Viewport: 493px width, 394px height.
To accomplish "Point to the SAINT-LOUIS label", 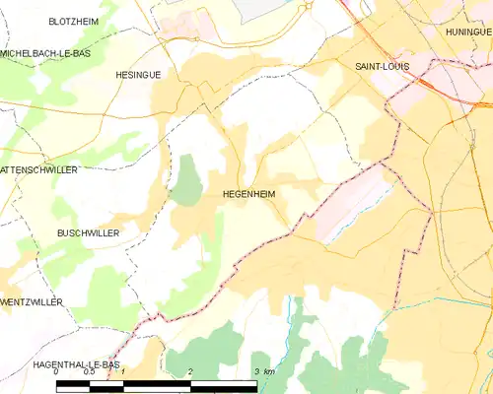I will [x=382, y=66].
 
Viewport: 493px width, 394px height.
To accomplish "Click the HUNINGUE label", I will [x=467, y=31].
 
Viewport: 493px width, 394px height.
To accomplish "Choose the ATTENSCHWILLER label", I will [x=39, y=169].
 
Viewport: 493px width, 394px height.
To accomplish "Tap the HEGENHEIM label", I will [x=248, y=195].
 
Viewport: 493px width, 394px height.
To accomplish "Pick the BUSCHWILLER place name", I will [x=89, y=234].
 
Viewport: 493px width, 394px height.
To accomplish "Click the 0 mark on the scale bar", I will [x=56, y=372].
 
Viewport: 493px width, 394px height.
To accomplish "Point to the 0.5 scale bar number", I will [x=89, y=372].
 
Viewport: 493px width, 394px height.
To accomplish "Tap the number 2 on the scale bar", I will [x=189, y=372].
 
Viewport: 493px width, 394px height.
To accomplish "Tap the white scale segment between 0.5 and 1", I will [x=106, y=385].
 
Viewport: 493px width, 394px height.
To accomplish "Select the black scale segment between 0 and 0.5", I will [x=72, y=385].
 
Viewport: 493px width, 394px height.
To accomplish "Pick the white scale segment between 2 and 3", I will [x=223, y=385].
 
